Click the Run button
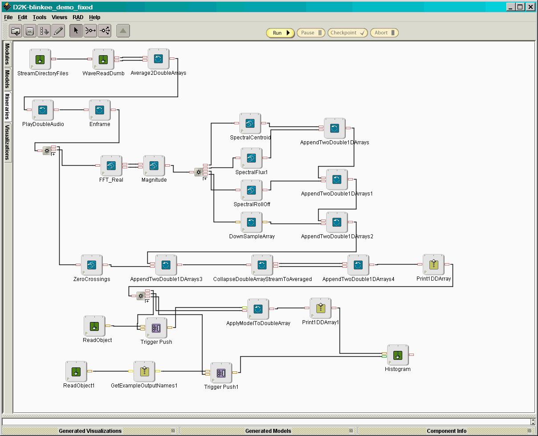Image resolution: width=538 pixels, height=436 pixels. coord(280,33)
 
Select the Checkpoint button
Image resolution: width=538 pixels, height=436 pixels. coord(347,33)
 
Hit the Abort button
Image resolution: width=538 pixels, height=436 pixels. coord(384,33)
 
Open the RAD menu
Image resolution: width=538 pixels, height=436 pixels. coord(78,17)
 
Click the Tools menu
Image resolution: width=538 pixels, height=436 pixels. coord(40,17)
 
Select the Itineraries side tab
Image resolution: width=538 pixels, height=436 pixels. coord(7,106)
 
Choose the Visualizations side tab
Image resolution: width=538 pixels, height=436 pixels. coord(7,143)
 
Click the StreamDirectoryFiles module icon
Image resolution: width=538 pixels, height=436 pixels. coord(40,59)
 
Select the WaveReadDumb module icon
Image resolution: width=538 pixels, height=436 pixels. coord(103,59)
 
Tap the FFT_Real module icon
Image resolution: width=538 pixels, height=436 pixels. coord(111,166)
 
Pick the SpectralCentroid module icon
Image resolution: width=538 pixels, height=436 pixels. coord(250,124)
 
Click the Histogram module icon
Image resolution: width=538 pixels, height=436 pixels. coord(398,355)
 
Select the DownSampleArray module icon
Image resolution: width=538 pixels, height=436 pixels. coord(251,222)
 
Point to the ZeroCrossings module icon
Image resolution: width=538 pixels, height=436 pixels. coord(91,265)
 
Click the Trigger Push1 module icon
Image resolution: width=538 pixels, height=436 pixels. coord(221,373)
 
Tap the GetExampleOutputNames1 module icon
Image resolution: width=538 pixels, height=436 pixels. coord(144,371)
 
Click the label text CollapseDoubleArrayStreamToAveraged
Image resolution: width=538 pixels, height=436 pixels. coord(263,279)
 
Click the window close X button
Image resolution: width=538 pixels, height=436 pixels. coord(531,7)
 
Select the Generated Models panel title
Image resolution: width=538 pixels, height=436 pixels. coord(268,431)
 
